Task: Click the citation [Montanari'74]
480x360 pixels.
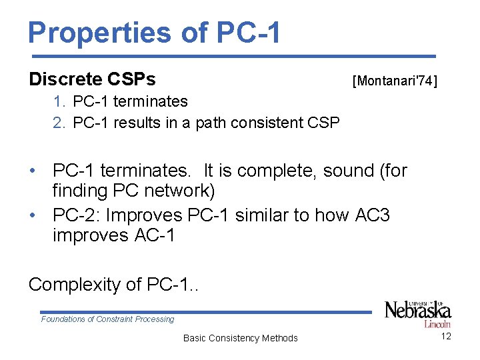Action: [x=395, y=81]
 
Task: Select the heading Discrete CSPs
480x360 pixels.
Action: [x=92, y=80]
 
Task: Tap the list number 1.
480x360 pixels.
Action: [x=60, y=102]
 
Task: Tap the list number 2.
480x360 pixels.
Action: [x=60, y=123]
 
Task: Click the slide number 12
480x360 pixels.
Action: [x=446, y=336]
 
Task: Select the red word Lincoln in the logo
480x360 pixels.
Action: [x=437, y=324]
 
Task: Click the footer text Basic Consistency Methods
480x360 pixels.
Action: [x=240, y=338]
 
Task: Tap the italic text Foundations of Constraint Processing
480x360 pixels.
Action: [x=107, y=319]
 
